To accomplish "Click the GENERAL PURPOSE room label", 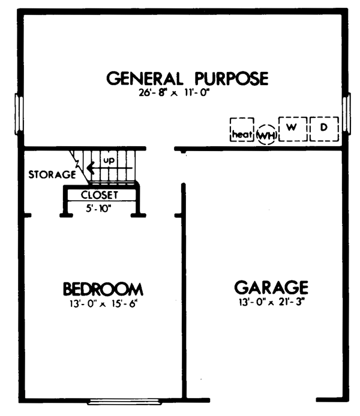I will [x=187, y=79].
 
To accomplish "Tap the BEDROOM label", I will [x=103, y=289].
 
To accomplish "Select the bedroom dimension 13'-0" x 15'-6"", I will [x=103, y=303].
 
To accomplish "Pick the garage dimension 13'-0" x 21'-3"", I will [x=271, y=302].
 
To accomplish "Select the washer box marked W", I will [x=292, y=128].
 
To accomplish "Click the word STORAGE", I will [x=52, y=175].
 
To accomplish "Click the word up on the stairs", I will [x=109, y=161].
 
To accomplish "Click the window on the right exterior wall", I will [x=346, y=111].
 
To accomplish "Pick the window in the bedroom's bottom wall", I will [x=124, y=400].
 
